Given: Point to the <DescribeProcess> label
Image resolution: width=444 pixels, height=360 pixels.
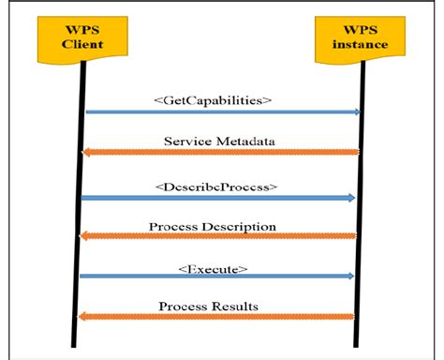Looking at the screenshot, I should click(217, 186).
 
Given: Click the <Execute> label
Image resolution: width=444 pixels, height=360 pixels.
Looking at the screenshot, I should click(213, 268).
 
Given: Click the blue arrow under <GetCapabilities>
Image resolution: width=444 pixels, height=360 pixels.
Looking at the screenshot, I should click(221, 112).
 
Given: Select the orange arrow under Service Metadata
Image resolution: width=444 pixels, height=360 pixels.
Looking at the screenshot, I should click(221, 152).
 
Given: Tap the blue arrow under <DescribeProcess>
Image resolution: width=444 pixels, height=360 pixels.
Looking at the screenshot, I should click(221, 197).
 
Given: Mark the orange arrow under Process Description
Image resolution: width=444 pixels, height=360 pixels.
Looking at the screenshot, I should click(221, 236).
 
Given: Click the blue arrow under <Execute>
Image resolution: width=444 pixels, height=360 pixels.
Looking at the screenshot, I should click(221, 277).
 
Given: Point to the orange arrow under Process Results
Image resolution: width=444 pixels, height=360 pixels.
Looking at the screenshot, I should click(221, 317).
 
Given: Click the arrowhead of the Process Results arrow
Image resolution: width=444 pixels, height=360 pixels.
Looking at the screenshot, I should click(84, 317).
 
